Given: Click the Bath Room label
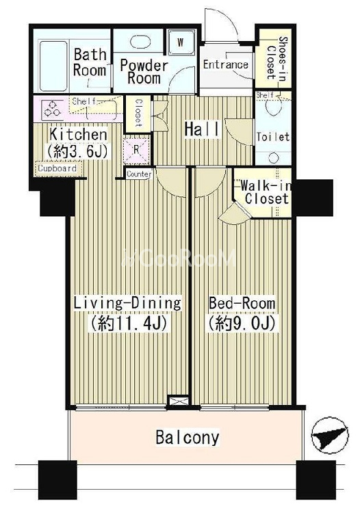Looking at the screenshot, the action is point(90,62).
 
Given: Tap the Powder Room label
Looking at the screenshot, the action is point(144,72).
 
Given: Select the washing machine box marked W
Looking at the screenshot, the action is point(181,42).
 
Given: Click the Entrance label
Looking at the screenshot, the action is point(225,64).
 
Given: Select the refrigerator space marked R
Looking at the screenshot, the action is point(136,150).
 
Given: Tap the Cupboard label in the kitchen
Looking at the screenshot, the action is point(57,169).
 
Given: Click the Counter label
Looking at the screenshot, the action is point(139,174).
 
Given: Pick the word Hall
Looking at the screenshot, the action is point(201,129).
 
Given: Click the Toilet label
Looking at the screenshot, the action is point(273,137).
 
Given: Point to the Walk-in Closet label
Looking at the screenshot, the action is point(266,192).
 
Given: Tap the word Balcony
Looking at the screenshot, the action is point(187,438).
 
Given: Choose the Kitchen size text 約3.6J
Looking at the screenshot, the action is point(79,151).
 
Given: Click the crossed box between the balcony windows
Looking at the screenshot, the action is point(179,401).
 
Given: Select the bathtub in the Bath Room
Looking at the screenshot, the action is point(53,66).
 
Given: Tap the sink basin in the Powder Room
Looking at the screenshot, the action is point(141,42).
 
